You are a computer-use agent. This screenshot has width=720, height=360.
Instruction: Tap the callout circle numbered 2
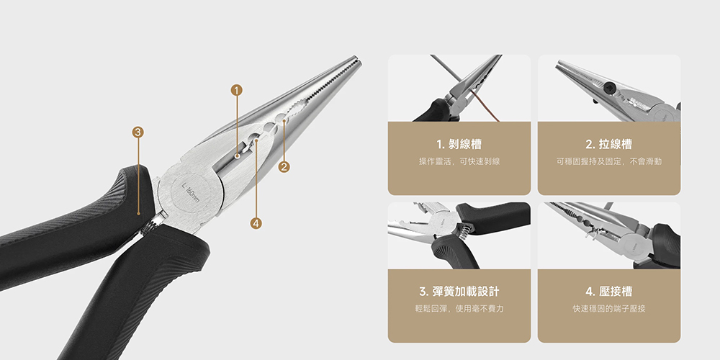(284, 167)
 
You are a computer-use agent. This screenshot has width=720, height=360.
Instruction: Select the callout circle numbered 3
(138, 132)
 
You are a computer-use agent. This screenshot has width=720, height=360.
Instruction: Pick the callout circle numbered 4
(255, 223)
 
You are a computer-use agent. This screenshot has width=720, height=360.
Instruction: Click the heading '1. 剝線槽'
(459, 144)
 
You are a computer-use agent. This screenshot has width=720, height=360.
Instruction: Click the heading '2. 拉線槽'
(609, 144)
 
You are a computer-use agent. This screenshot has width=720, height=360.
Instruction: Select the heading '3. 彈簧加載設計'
(459, 292)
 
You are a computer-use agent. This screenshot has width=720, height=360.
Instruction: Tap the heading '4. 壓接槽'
(609, 292)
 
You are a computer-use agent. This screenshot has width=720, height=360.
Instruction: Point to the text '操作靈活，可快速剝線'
(459, 161)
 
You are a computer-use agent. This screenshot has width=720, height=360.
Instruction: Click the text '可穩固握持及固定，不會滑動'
(609, 161)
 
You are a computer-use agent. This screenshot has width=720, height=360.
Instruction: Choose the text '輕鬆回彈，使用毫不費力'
(459, 308)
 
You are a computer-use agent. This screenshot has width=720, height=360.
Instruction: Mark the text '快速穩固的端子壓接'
(609, 308)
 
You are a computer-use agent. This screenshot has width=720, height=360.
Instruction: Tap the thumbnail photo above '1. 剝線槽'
(459, 88)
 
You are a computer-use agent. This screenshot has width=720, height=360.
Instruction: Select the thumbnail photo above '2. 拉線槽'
(609, 88)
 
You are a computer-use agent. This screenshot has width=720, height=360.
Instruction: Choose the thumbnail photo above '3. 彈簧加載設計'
(459, 235)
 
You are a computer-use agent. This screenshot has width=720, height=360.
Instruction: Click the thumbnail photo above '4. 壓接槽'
(609, 235)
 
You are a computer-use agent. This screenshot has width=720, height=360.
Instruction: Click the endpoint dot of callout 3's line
(138, 213)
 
